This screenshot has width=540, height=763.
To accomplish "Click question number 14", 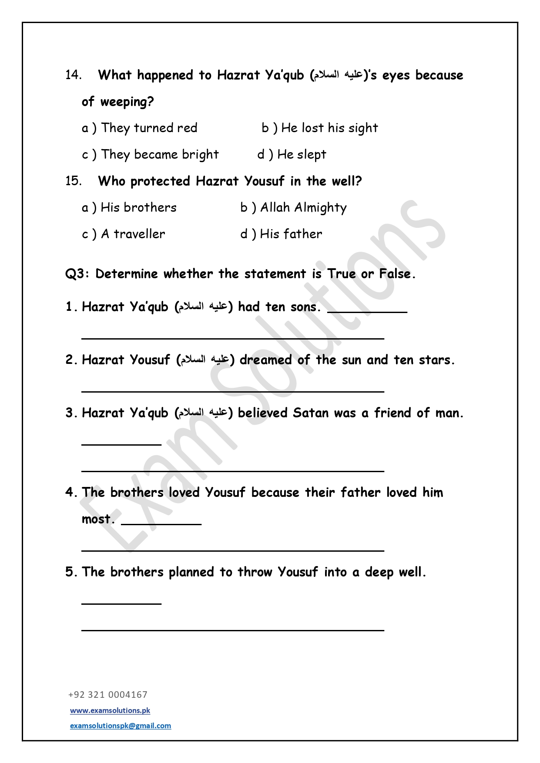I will tap(73, 75).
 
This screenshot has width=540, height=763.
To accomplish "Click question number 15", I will tap(73, 181).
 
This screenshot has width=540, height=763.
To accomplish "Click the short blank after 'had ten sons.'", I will tap(367, 311).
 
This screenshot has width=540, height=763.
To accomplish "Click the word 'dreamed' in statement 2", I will tap(265, 360).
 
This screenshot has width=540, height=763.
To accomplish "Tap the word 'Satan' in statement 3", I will tap(310, 413).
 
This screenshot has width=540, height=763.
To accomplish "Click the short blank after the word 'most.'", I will tap(161, 523).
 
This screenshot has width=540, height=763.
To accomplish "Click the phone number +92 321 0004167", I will tap(108, 695).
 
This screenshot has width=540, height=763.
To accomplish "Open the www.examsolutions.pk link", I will tap(110, 710).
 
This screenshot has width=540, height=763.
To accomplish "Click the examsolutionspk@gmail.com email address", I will tap(121, 726).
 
